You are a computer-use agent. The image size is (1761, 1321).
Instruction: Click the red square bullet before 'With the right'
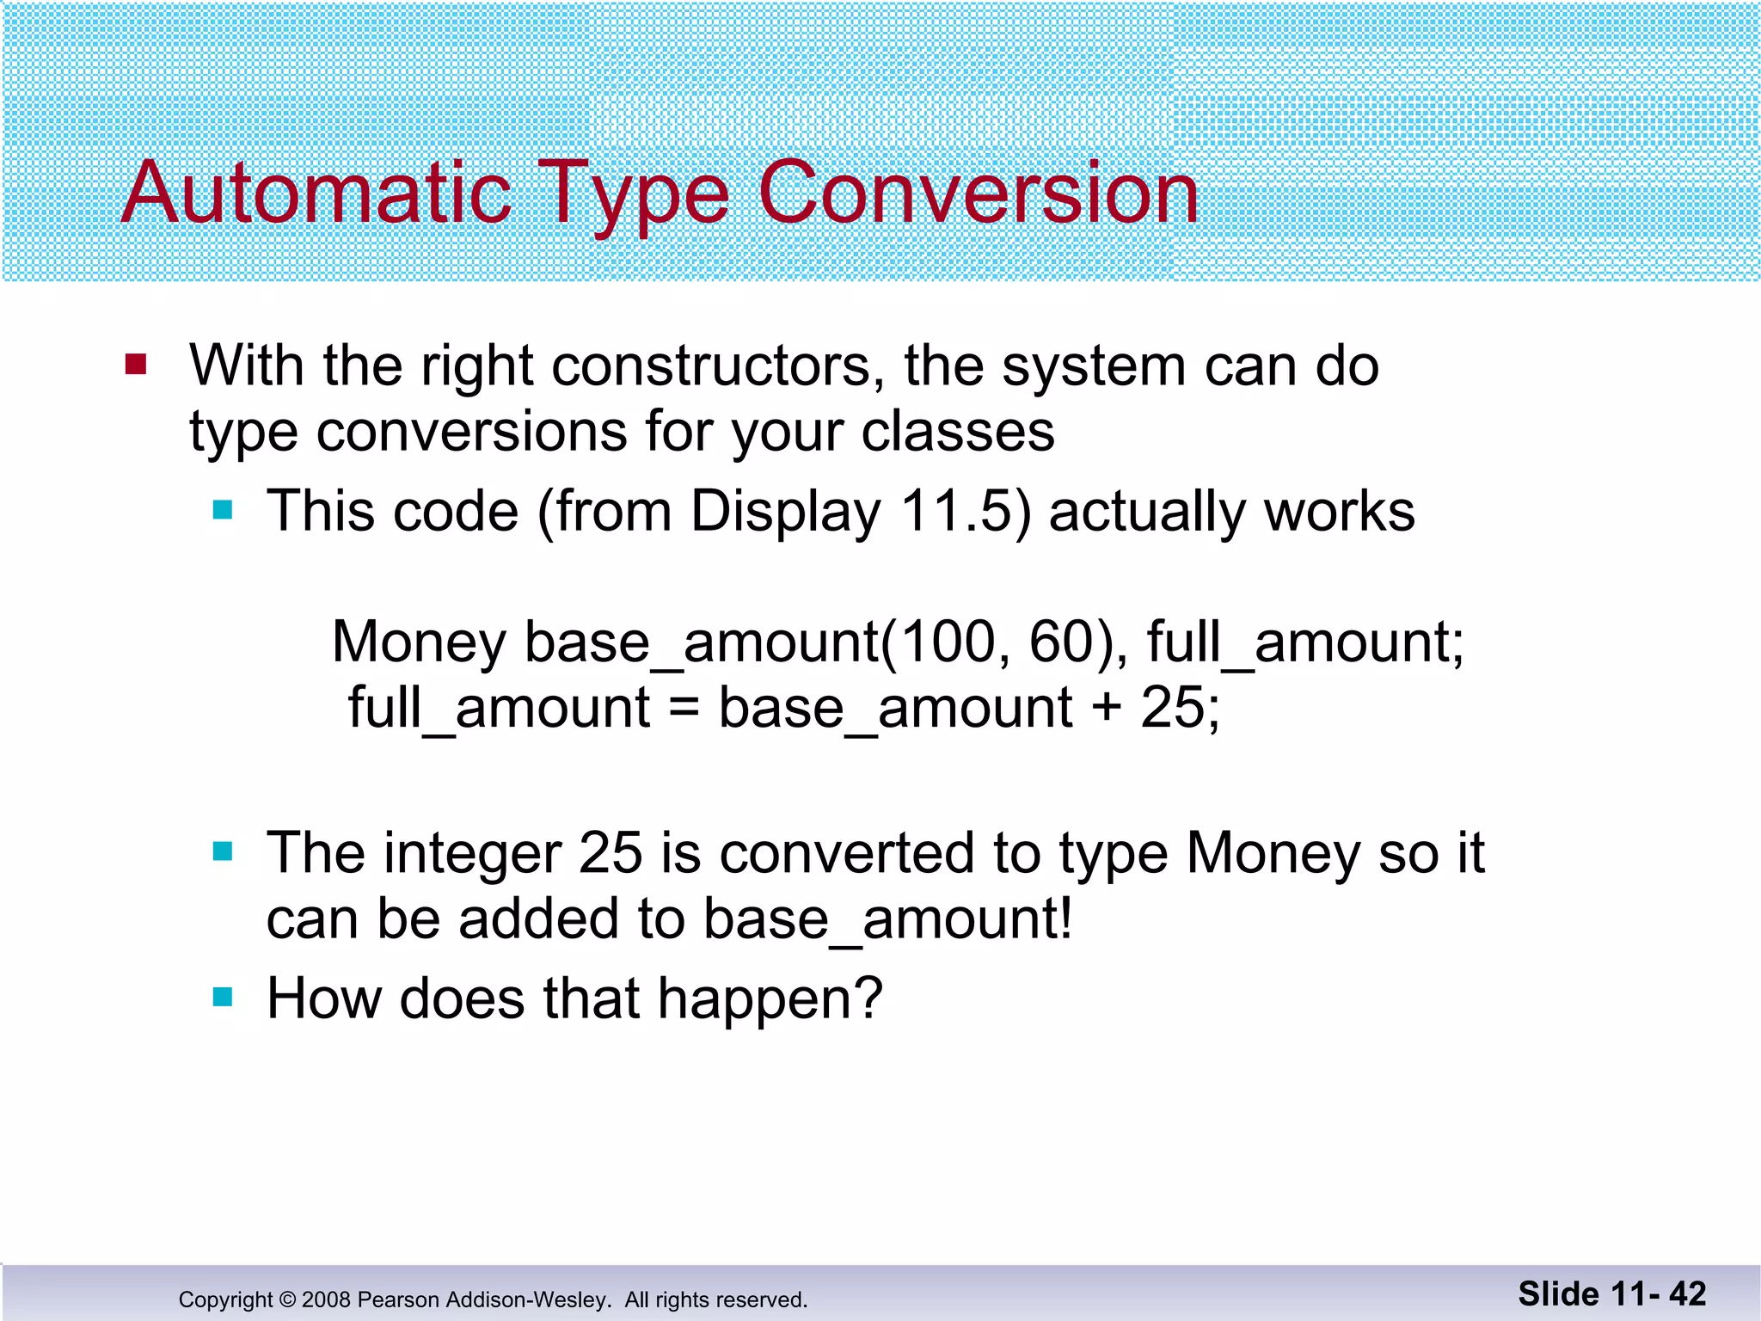click(x=136, y=365)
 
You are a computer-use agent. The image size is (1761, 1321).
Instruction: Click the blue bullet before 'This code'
click(x=223, y=510)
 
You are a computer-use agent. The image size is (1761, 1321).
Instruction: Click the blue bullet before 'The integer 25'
click(x=223, y=851)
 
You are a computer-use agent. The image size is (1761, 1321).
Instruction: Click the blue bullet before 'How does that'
click(x=223, y=997)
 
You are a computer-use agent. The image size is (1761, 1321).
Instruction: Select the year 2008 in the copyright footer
click(x=326, y=1299)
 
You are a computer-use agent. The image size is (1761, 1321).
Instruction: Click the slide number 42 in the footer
click(x=1687, y=1294)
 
